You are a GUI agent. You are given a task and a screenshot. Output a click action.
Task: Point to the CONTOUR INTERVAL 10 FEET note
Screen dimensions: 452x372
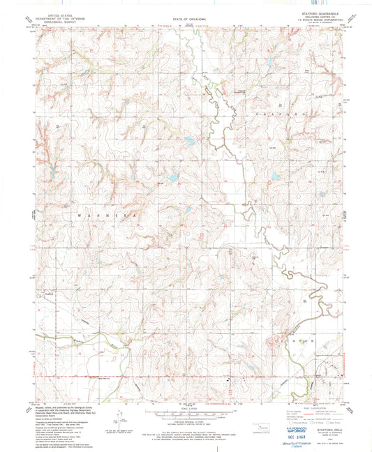tap(186, 421)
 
